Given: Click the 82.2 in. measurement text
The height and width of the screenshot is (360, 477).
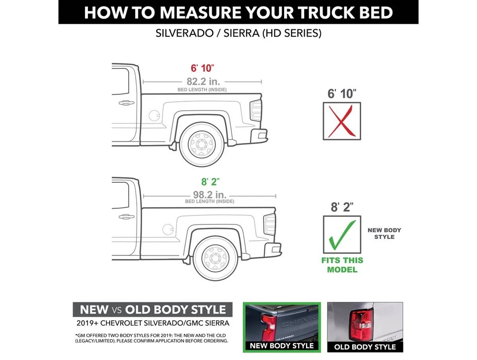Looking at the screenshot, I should tap(203, 81).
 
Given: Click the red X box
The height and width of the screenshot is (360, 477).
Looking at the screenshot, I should tap(342, 121).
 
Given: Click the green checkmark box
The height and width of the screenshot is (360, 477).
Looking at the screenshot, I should tap(342, 234).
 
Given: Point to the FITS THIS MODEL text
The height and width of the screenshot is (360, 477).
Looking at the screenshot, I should tap(342, 265).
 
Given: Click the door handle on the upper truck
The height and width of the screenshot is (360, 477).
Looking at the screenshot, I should tap(126, 103).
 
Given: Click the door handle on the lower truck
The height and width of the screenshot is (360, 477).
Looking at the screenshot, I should tap(126, 216).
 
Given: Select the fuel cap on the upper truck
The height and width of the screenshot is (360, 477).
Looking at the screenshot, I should tap(154, 115).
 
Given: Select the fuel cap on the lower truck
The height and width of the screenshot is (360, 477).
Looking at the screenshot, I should tap(168, 229).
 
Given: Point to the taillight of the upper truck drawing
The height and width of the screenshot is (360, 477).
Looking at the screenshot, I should tap(256, 110).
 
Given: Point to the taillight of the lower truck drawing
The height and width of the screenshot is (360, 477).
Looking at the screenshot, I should tap(270, 224).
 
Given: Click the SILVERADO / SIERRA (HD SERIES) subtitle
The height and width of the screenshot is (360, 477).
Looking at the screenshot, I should tap(238, 34).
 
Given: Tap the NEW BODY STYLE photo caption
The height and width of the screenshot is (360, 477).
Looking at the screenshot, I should tap(281, 346).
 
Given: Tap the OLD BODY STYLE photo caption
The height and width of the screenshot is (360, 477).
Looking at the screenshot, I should tap(365, 347).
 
